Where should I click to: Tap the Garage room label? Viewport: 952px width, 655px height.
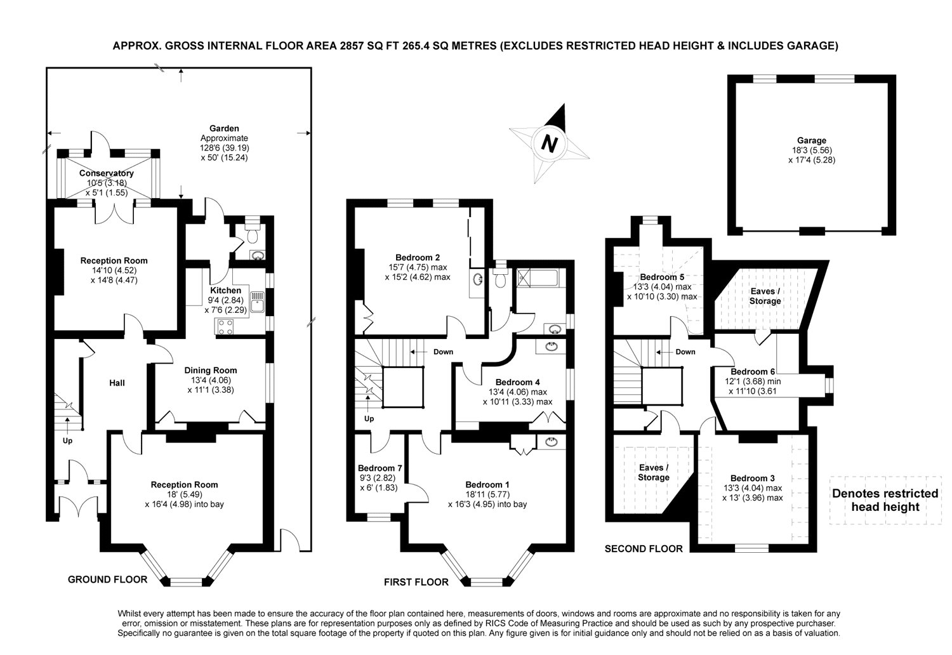coord(811,140)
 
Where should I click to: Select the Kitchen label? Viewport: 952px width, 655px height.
coord(226,290)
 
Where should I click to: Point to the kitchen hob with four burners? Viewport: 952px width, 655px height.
coord(225,327)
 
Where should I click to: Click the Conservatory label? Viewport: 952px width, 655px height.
coord(106,173)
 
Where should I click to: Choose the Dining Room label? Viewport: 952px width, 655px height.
coord(210,370)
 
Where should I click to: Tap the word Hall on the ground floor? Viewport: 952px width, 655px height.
coord(117,383)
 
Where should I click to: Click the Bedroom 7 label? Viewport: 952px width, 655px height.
coord(380,468)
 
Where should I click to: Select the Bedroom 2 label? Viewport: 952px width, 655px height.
coord(418,257)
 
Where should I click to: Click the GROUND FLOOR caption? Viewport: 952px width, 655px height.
coord(107,579)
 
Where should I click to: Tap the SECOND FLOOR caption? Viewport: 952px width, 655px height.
coord(644,549)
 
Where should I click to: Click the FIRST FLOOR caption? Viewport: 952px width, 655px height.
coord(416,582)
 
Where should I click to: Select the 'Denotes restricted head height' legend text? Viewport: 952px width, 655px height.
coord(885,500)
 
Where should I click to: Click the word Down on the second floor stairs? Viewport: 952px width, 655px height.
coord(685,352)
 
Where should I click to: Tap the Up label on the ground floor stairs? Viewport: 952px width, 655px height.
coord(67,440)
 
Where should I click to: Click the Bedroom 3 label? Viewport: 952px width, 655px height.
coord(752,478)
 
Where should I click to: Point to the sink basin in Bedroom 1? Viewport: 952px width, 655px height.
coord(552,442)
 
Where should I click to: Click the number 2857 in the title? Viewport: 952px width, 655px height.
coord(352,46)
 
